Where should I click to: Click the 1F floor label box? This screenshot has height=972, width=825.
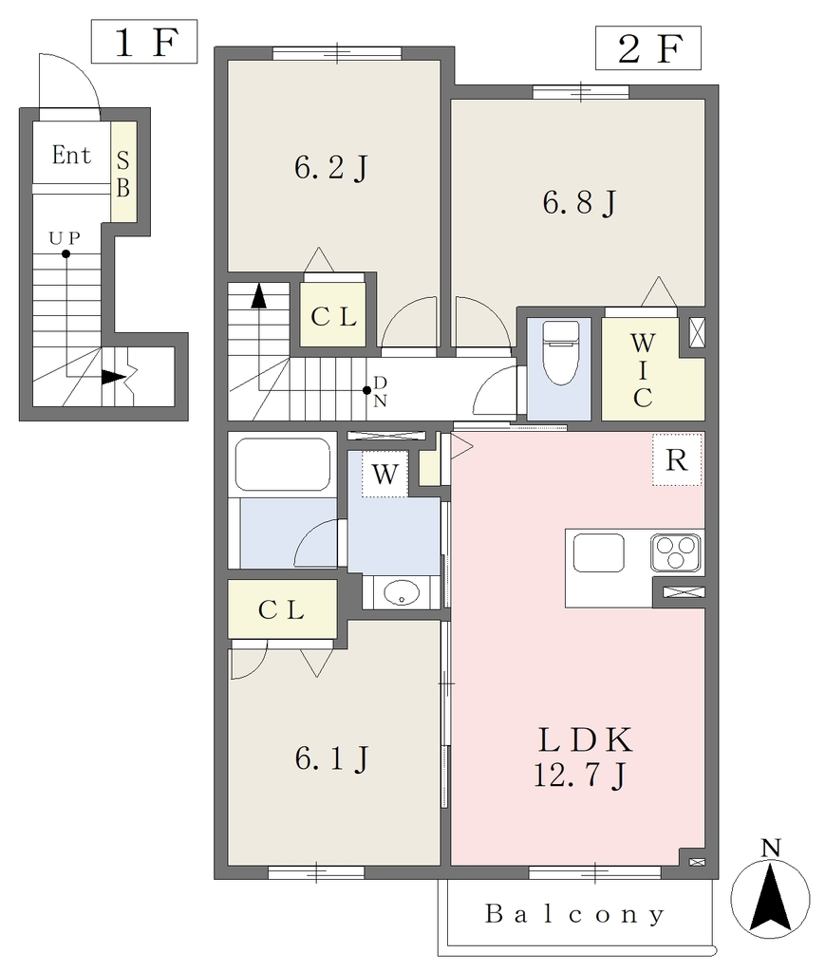(144, 42)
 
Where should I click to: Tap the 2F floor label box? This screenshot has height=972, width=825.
(648, 47)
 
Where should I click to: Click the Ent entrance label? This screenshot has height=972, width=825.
(71, 155)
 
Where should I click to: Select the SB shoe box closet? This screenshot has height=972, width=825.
(123, 171)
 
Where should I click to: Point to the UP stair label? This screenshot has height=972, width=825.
(65, 237)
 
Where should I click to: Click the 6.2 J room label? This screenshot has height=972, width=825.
(331, 167)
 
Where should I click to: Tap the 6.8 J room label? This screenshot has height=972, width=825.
(579, 202)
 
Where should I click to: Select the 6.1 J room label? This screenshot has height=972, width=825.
(332, 758)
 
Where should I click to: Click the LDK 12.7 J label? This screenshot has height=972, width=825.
(583, 757)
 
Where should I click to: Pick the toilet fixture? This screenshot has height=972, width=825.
(560, 352)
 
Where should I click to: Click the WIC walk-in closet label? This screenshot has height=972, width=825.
(643, 370)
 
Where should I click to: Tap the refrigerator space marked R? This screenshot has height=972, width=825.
(676, 460)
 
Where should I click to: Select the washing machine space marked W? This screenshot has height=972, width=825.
(384, 475)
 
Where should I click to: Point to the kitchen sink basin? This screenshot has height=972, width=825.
(599, 553)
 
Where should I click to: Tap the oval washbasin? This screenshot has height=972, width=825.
(402, 592)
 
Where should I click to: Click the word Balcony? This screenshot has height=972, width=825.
(574, 914)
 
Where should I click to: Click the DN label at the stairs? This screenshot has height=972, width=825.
(380, 392)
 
